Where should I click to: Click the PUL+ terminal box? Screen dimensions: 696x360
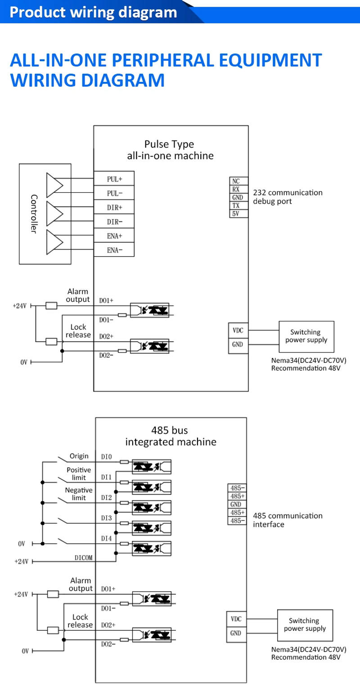pos(114,179)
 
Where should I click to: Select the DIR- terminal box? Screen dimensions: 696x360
pos(114,221)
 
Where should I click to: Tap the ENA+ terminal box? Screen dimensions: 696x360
pos(114,236)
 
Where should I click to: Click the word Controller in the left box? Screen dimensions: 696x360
pos(34,213)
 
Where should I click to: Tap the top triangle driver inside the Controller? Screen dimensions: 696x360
pos(54,185)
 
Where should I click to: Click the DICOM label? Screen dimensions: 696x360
pos(83,558)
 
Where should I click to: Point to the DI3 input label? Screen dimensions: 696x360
pos(106,518)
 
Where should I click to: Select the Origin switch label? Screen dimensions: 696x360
pos(79,456)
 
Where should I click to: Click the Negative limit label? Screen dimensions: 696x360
pos(79,494)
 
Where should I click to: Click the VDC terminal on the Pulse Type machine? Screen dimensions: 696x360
pos(238,330)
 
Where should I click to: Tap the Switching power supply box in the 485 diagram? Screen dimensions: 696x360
pos(305,625)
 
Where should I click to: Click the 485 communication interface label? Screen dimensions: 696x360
pos(288,520)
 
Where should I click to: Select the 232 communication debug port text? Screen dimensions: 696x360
pos(288,197)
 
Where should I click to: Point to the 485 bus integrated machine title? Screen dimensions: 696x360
pos(171,436)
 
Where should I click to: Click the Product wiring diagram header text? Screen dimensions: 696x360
pos(94,12)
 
